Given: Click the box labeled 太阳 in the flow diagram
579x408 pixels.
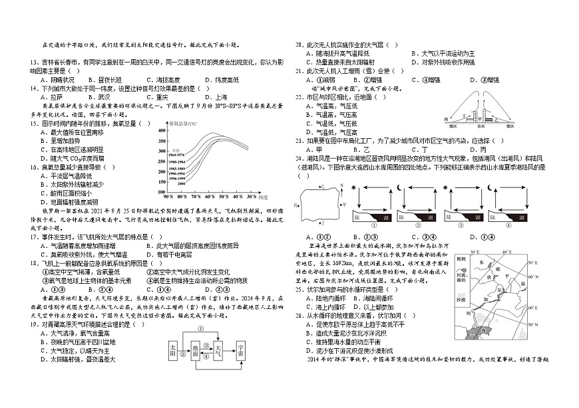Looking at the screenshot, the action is click(x=173, y=348).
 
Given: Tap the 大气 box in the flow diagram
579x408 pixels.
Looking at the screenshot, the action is click(x=218, y=348).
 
